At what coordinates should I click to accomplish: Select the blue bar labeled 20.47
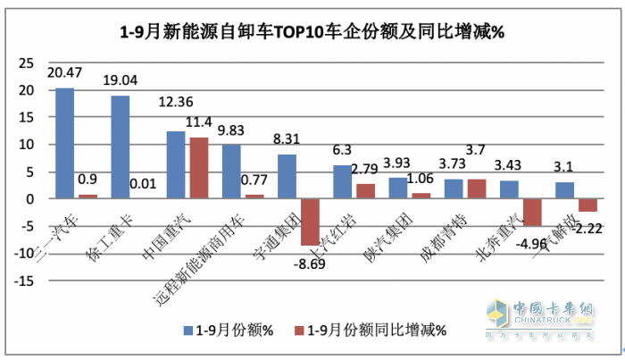coord(64,143)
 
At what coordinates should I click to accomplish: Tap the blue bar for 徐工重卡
coord(121,147)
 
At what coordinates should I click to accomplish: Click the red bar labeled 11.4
coord(198,168)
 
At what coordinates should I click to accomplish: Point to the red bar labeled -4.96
coord(533,212)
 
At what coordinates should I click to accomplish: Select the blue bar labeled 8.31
coord(287,176)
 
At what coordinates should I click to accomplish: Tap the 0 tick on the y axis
coord(29,199)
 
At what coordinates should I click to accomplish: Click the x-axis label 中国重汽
coord(180,226)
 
